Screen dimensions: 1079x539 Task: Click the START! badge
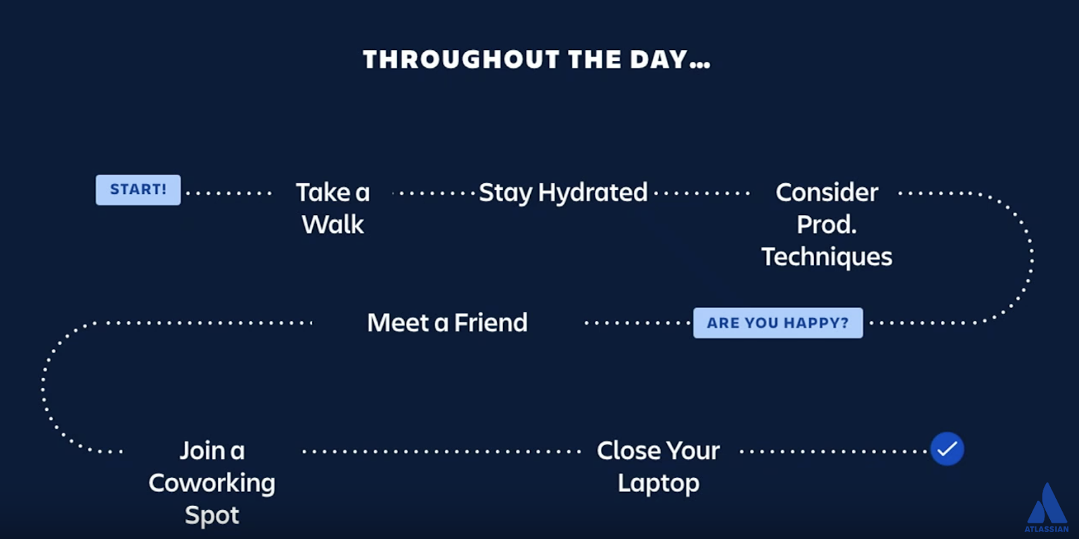138,189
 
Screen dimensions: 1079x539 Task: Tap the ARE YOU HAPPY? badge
778,323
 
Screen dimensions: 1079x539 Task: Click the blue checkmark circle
947,449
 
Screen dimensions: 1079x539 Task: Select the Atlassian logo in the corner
1047,508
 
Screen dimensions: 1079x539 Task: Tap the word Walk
333,225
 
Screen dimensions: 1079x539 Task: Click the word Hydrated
593,193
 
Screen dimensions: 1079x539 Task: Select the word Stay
506,193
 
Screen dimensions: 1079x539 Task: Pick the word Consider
827,193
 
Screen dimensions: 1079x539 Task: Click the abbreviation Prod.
827,225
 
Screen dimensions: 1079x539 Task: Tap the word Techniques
827,257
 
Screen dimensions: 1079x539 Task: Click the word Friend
491,323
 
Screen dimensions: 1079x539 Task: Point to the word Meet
398,323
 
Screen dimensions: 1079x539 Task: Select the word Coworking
212,484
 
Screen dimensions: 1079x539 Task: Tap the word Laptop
658,484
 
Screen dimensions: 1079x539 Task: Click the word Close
629,451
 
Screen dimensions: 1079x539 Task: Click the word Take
323,193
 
